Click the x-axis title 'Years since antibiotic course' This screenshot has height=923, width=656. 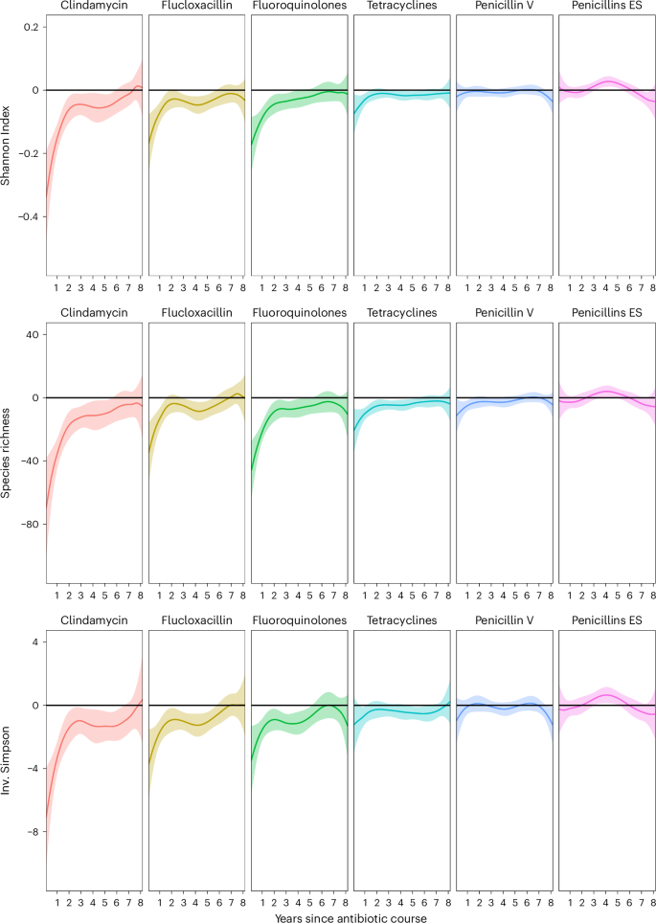tap(350, 916)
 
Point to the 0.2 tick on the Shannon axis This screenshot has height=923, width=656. tap(31, 27)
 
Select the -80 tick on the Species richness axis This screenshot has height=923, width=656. tap(27, 525)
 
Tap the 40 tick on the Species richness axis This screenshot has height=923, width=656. tap(31, 334)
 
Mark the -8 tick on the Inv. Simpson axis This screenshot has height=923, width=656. tap(31, 832)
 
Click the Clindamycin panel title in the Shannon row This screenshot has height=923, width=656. tap(94, 7)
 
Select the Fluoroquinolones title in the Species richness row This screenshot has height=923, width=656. tap(300, 314)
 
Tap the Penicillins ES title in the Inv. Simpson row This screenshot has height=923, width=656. tap(606, 621)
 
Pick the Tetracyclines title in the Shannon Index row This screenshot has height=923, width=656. tap(401, 7)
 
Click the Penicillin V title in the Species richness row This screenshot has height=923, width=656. tap(504, 314)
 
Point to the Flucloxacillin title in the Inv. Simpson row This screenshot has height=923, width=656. tap(197, 621)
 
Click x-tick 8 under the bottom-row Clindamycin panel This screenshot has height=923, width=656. tap(140, 902)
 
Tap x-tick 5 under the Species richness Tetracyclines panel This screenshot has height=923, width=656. tap(413, 594)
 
